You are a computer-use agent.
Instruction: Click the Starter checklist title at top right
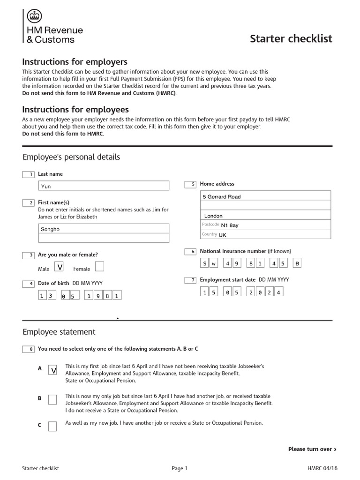pos(291,38)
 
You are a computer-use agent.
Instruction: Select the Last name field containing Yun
pos(103,186)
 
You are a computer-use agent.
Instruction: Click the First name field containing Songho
pos(103,229)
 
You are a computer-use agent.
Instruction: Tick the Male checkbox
pos(60,267)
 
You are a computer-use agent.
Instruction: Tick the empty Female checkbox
pos(99,267)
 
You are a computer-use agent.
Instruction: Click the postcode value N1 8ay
pos(230,225)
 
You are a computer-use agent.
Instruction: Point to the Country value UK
pos(222,235)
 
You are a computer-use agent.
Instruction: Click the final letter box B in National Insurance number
pos(297,263)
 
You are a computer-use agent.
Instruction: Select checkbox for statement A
pos(53,370)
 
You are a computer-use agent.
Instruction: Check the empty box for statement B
pos(53,399)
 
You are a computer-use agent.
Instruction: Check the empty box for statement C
pos(53,426)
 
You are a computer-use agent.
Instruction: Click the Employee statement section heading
pos(59,332)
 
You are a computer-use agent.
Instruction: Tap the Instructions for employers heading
pos(75,62)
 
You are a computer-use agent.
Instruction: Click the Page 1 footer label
pos(179,468)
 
